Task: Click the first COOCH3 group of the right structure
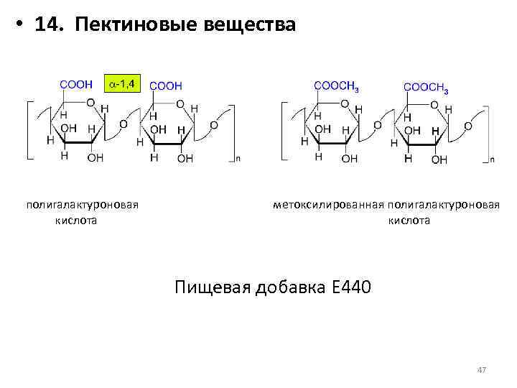[x=337, y=86]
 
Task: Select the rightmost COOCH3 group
[x=427, y=87]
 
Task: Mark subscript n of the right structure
[x=491, y=158]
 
